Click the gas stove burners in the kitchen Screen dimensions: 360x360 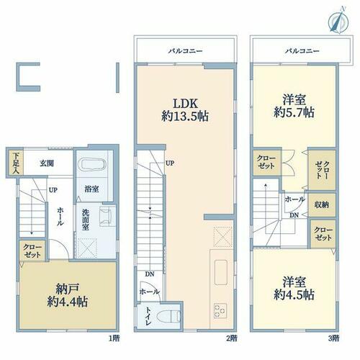tap(220, 310)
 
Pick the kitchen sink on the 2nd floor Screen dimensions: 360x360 tap(221, 272)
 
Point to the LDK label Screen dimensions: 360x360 tap(186, 104)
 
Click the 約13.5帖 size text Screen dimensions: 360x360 tap(185, 117)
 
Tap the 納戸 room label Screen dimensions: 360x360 tap(67, 289)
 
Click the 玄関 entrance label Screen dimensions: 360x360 tap(47, 163)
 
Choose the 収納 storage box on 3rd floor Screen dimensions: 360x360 tap(322, 204)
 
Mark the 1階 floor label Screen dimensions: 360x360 tap(114, 338)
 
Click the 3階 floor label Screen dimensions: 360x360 tap(334, 338)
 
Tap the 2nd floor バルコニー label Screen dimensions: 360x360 tap(185, 51)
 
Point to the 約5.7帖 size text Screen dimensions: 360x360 tap(294, 112)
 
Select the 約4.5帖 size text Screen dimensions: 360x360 tap(294, 294)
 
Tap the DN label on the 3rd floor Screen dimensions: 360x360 tap(294, 215)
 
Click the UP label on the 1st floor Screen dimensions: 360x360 tap(53, 190)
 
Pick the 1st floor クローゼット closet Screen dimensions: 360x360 tap(32, 251)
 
